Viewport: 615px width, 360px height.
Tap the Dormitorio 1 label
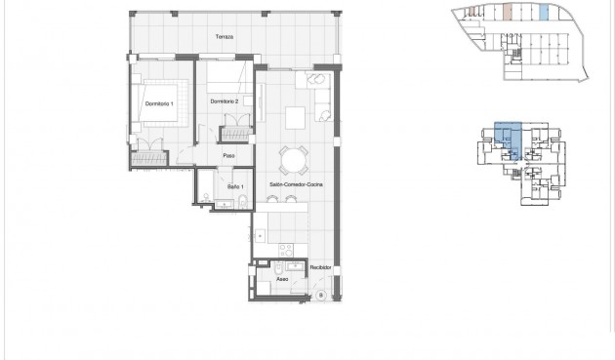pos(158,103)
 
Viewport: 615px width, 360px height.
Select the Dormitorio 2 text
pos(225,100)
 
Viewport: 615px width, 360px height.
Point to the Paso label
pos(229,155)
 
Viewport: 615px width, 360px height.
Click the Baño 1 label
pos(235,185)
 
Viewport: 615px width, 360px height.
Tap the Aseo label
pos(281,279)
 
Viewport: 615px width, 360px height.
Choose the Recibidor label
pos(321,267)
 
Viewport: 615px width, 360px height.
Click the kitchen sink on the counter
pos(261,234)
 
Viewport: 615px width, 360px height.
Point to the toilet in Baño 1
pos(241,202)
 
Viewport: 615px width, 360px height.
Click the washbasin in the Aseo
pos(294,264)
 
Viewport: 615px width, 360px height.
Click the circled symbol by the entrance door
pos(320,294)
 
